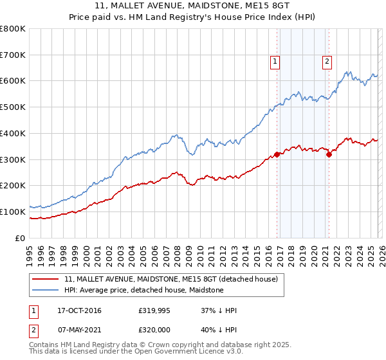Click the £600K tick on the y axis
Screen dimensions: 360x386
pyautogui.click(x=13, y=81)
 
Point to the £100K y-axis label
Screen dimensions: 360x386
pyautogui.click(x=13, y=212)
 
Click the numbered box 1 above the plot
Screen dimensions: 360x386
pyautogui.click(x=275, y=62)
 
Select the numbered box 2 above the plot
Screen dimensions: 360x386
pyautogui.click(x=327, y=62)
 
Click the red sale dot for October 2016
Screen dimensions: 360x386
pyautogui.click(x=277, y=154)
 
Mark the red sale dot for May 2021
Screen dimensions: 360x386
pyautogui.click(x=329, y=154)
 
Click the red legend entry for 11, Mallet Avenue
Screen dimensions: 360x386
pyautogui.click(x=170, y=279)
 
